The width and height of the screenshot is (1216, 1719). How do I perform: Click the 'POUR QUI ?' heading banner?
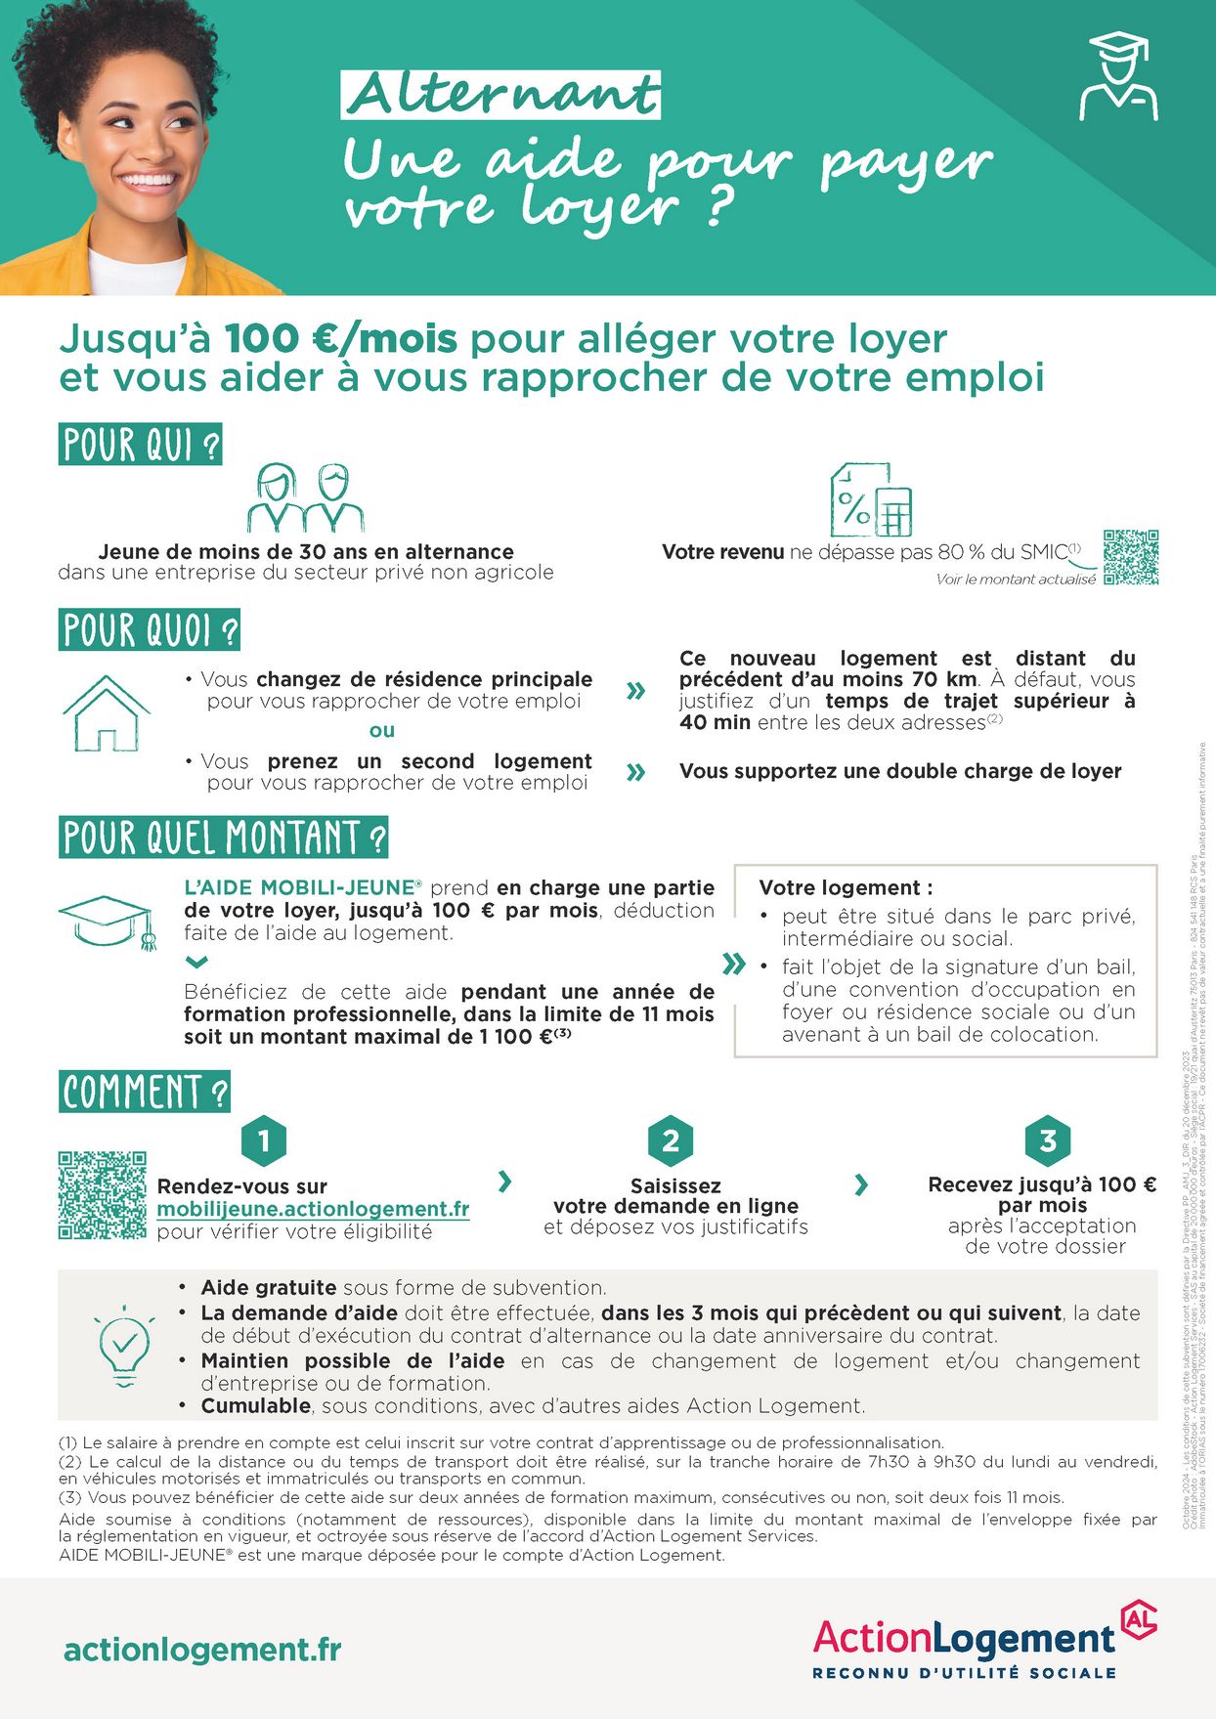(x=141, y=445)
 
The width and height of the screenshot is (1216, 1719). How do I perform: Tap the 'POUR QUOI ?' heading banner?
(x=150, y=630)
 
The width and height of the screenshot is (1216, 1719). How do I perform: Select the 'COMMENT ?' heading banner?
(x=145, y=1092)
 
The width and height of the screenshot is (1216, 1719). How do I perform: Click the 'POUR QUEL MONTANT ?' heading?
(x=224, y=838)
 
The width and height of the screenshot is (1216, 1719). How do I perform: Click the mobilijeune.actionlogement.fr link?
(x=313, y=1209)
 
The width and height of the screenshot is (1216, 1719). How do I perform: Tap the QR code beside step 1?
(x=103, y=1195)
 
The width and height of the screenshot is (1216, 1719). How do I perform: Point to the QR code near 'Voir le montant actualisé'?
(x=1131, y=558)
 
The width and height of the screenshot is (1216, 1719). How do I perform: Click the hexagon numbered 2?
(x=671, y=1140)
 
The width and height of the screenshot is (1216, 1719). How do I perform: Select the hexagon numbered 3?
(x=1047, y=1140)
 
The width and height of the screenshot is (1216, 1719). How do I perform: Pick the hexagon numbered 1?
(x=264, y=1140)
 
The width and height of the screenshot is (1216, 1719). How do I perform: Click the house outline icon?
(x=107, y=713)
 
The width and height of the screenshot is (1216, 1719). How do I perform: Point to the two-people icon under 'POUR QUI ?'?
(x=306, y=498)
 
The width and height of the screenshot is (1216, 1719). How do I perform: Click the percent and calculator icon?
(x=870, y=499)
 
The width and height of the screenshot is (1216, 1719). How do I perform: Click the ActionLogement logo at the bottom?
(x=983, y=1645)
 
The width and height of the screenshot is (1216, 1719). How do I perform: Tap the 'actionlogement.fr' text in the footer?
(x=202, y=1650)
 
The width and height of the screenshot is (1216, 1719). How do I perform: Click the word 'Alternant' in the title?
(x=501, y=96)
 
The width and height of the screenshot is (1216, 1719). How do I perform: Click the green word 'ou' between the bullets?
(x=382, y=730)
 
